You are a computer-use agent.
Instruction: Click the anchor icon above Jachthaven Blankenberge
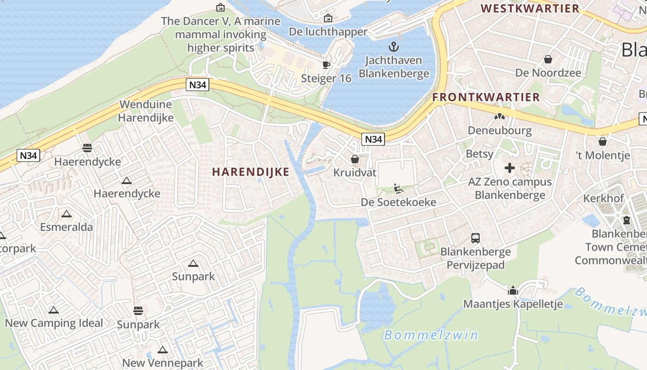[x=394, y=47]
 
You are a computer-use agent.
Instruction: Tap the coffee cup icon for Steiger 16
[x=326, y=65]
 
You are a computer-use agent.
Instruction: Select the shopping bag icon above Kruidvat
[x=355, y=159]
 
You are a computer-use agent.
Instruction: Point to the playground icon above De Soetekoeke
[x=398, y=189]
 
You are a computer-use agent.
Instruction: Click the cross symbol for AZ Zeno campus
[x=510, y=168]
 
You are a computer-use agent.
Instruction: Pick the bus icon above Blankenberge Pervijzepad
[x=475, y=238]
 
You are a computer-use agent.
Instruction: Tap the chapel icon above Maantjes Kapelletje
[x=513, y=290]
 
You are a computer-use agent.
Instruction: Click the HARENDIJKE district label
[x=250, y=172]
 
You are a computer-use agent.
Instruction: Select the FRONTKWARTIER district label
[x=486, y=97]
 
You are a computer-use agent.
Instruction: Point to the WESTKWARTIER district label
[x=530, y=8]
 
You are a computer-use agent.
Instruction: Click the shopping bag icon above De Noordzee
[x=548, y=59]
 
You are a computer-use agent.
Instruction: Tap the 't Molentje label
[x=603, y=155]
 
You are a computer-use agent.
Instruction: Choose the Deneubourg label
[x=500, y=130]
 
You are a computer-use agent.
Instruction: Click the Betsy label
[x=479, y=154]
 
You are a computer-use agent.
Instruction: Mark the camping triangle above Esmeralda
[x=67, y=214]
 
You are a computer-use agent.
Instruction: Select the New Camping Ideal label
[x=54, y=323]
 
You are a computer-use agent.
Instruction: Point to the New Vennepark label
[x=162, y=363]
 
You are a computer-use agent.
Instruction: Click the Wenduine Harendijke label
[x=146, y=111]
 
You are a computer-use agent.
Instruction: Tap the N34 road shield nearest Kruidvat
[x=373, y=139]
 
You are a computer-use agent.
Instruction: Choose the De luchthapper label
[x=328, y=31]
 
